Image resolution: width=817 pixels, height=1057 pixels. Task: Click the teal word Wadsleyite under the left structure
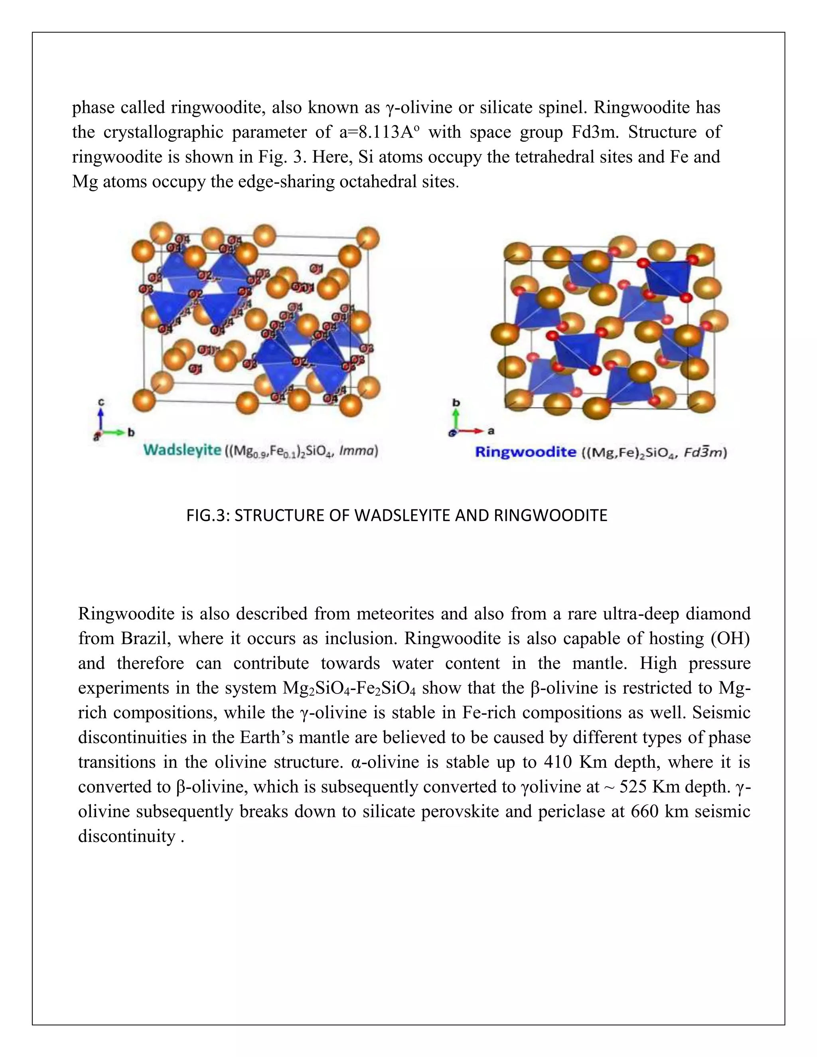(x=182, y=450)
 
